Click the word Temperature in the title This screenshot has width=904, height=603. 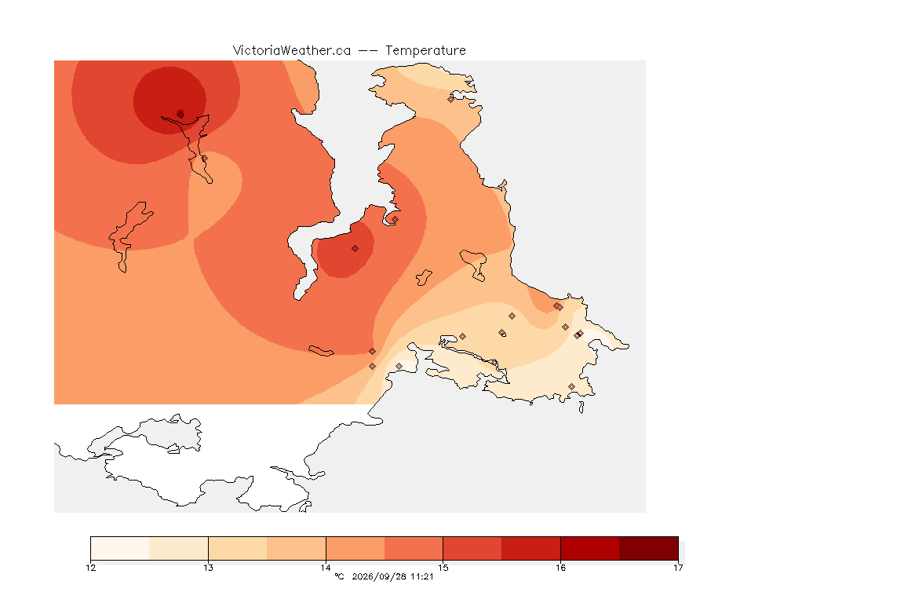pos(425,51)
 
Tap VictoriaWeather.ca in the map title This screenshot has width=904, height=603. pos(292,51)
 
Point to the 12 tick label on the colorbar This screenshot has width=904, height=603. pos(90,568)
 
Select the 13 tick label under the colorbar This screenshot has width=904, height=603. pos(208,568)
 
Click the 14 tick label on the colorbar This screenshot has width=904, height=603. pos(326,568)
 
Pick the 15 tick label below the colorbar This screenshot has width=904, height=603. pos(443,568)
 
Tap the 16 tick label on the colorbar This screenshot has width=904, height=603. pos(560,568)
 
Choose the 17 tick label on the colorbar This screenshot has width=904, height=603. pos(678,568)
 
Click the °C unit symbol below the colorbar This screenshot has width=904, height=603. pos(339,576)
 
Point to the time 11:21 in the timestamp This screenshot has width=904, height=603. pos(421,576)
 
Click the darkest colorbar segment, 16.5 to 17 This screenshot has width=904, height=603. pos(649,548)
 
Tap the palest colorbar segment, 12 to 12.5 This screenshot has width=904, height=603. pos(120,548)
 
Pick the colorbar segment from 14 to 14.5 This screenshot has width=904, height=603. pos(355,548)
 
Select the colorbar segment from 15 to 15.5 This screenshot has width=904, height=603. pos(472,548)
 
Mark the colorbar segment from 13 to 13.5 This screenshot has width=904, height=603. pos(238,548)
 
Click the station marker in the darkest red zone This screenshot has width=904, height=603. pos(180,114)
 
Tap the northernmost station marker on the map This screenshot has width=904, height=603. pos(451,99)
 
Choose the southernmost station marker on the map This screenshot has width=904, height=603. pos(571,386)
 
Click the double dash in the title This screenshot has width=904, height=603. pos(368,51)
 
